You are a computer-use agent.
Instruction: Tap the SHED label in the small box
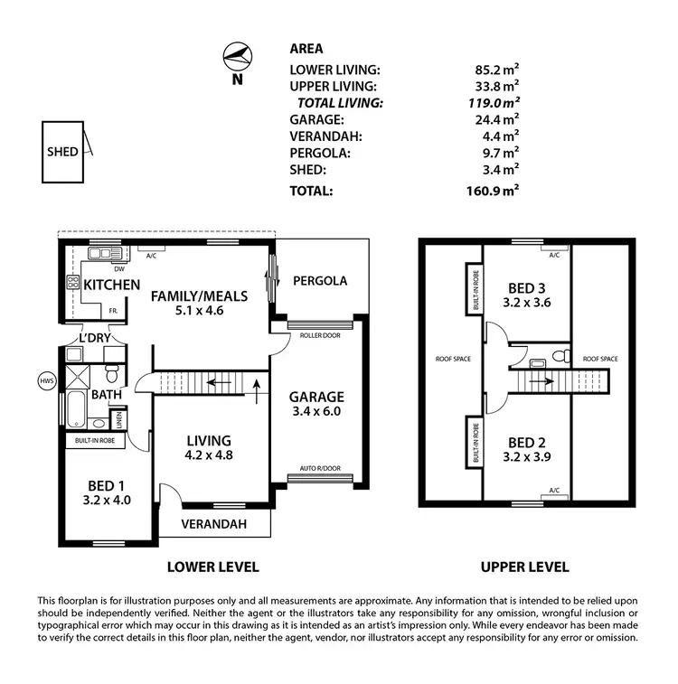pos(62,152)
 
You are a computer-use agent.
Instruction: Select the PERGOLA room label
pos(320,281)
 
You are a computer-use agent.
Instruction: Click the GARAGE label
pos(316,397)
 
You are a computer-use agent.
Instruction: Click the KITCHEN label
pos(112,285)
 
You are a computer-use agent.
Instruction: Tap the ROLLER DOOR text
pos(320,335)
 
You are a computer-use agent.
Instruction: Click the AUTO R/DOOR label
pos(319,469)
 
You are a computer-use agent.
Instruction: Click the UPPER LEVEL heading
pos(525,567)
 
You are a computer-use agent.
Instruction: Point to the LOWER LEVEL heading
pos(213,567)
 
